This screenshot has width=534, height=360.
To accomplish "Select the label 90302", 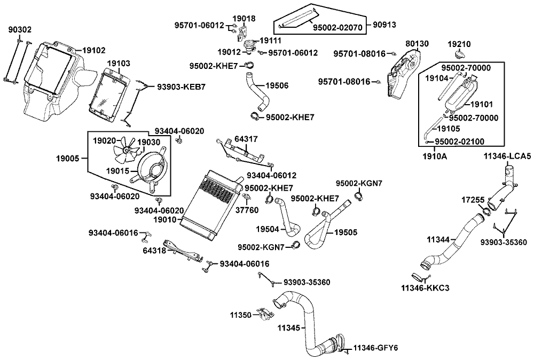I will pyautogui.click(x=19, y=30).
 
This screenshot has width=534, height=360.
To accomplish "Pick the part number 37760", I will pyautogui.click(x=247, y=210).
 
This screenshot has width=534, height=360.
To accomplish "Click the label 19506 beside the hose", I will pyautogui.click(x=277, y=85).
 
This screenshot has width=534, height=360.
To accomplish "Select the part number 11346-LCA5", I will pyautogui.click(x=507, y=156).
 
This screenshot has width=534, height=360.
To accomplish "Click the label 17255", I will pyautogui.click(x=473, y=200).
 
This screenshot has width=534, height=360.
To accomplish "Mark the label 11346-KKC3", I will pyautogui.click(x=425, y=288).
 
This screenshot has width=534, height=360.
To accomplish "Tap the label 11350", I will pyautogui.click(x=240, y=315).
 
